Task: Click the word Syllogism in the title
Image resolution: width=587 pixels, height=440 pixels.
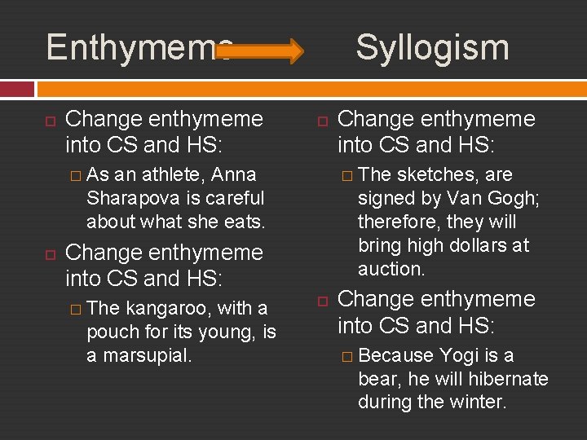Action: click(432, 47)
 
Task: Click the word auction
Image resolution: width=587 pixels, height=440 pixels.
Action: click(391, 269)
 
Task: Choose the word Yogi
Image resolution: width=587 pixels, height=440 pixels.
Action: click(461, 355)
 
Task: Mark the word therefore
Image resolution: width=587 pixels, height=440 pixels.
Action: click(395, 222)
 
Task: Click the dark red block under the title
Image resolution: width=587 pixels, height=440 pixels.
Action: click(17, 88)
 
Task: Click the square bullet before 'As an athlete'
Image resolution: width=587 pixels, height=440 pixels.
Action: click(75, 174)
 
